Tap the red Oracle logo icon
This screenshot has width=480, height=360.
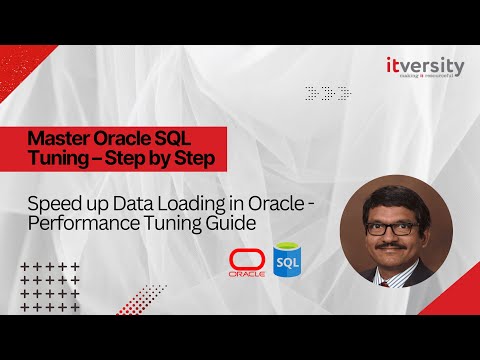click(x=247, y=262)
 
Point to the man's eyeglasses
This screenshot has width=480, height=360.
click(x=390, y=227)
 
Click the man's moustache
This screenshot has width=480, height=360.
click(x=391, y=244)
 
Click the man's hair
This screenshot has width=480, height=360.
click(x=390, y=196)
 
